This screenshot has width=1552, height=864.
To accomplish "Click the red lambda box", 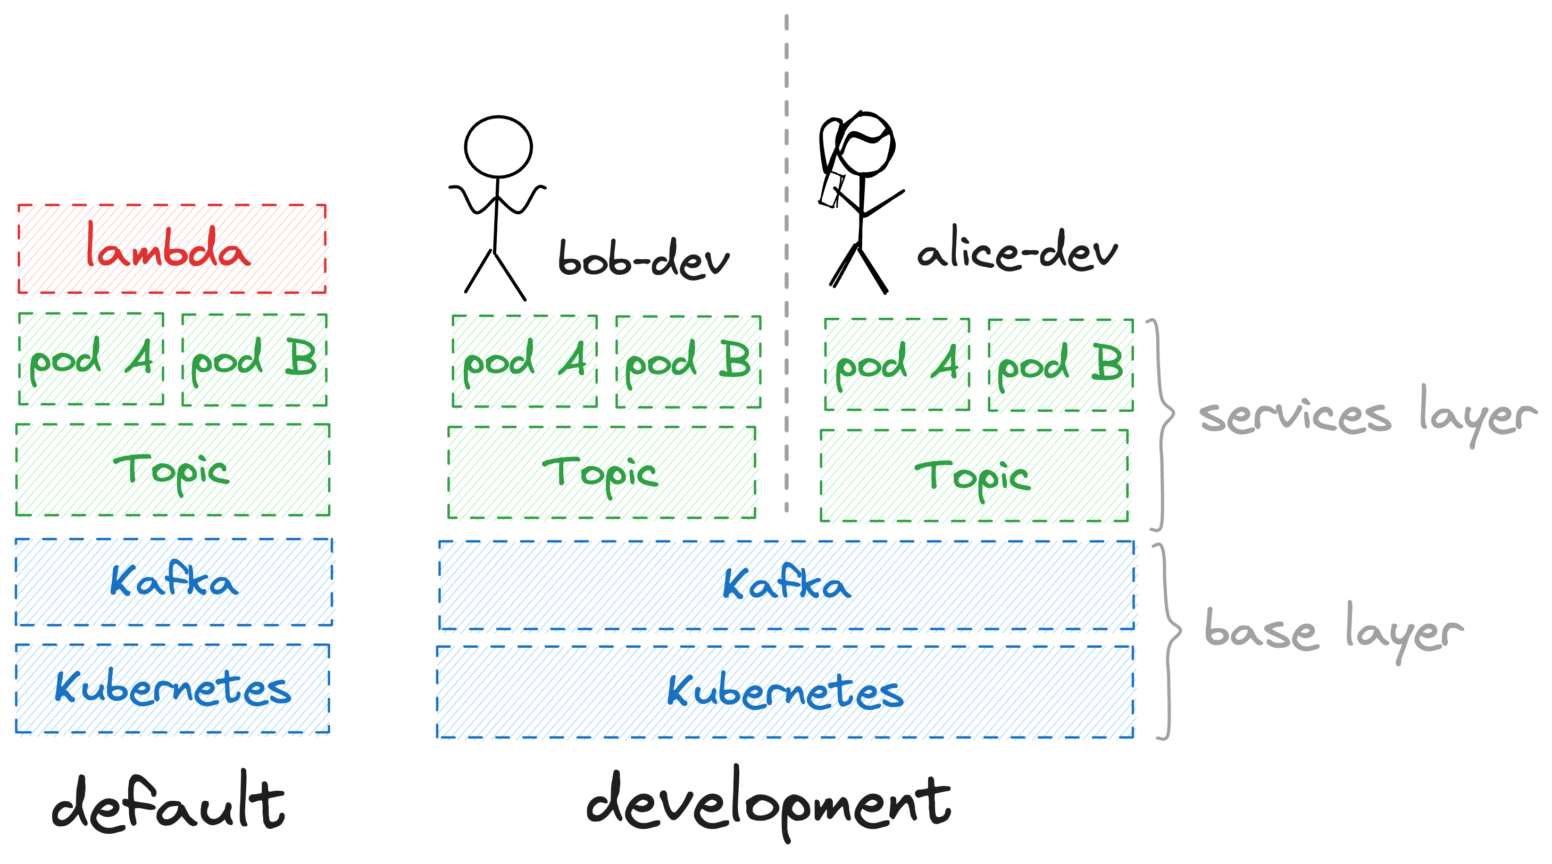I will (x=172, y=249).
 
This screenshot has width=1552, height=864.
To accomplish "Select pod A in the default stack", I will (x=91, y=359).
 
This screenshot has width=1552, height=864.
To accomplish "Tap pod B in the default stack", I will (x=254, y=359).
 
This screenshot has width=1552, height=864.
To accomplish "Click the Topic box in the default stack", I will (x=172, y=470).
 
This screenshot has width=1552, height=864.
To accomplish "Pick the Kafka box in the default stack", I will (x=173, y=582).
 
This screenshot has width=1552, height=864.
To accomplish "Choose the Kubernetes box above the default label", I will (x=172, y=689).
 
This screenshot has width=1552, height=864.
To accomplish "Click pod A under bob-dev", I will (x=524, y=362).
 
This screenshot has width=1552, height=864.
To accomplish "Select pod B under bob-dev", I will (x=688, y=362).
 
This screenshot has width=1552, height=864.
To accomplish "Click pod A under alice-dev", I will (x=897, y=365).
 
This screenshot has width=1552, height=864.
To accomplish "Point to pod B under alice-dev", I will (x=1061, y=365).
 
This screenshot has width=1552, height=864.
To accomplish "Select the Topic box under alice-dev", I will (x=974, y=476).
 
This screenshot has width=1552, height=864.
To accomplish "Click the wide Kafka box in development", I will (x=786, y=585).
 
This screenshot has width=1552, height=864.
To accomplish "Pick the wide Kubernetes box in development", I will (x=785, y=692).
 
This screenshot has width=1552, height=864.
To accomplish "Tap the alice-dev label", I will (x=1017, y=253).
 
